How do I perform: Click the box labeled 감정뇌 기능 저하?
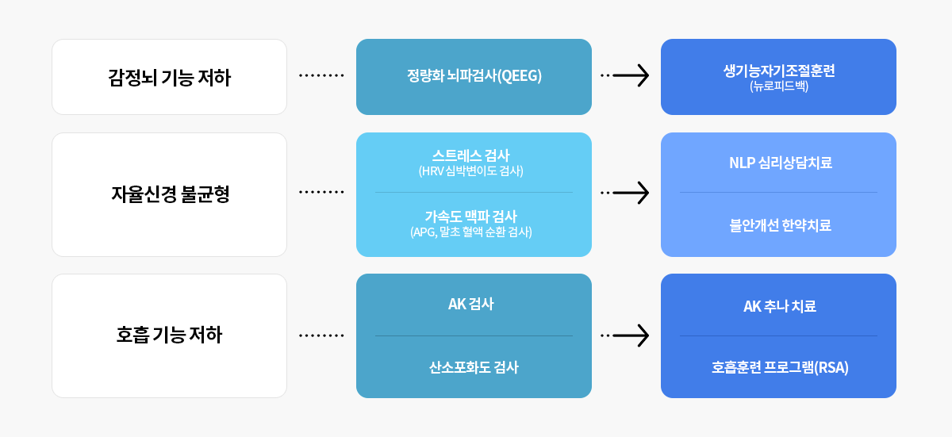pos(169,77)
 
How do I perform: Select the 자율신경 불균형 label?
pos(170,194)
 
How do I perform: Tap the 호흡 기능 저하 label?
pos(169,335)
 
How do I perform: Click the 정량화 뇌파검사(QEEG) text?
pos(474,75)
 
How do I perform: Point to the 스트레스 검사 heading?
pos(471,155)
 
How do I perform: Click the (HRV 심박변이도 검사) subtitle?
pos(471,171)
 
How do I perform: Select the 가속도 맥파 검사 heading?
pos(471,217)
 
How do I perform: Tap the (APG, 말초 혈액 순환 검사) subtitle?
pos(471,232)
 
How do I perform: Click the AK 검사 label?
pos(471,304)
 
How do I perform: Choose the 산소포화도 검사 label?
pos(474,367)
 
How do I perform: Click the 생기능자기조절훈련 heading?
pos(779,71)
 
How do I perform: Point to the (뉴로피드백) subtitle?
pos(779,86)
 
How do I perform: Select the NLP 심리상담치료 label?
pos(781,163)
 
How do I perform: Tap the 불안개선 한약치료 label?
pos(781,225)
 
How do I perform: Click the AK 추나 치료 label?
pos(779,306)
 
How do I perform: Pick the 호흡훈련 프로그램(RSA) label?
pos(780,367)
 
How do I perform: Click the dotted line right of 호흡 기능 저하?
pos(321,335)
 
